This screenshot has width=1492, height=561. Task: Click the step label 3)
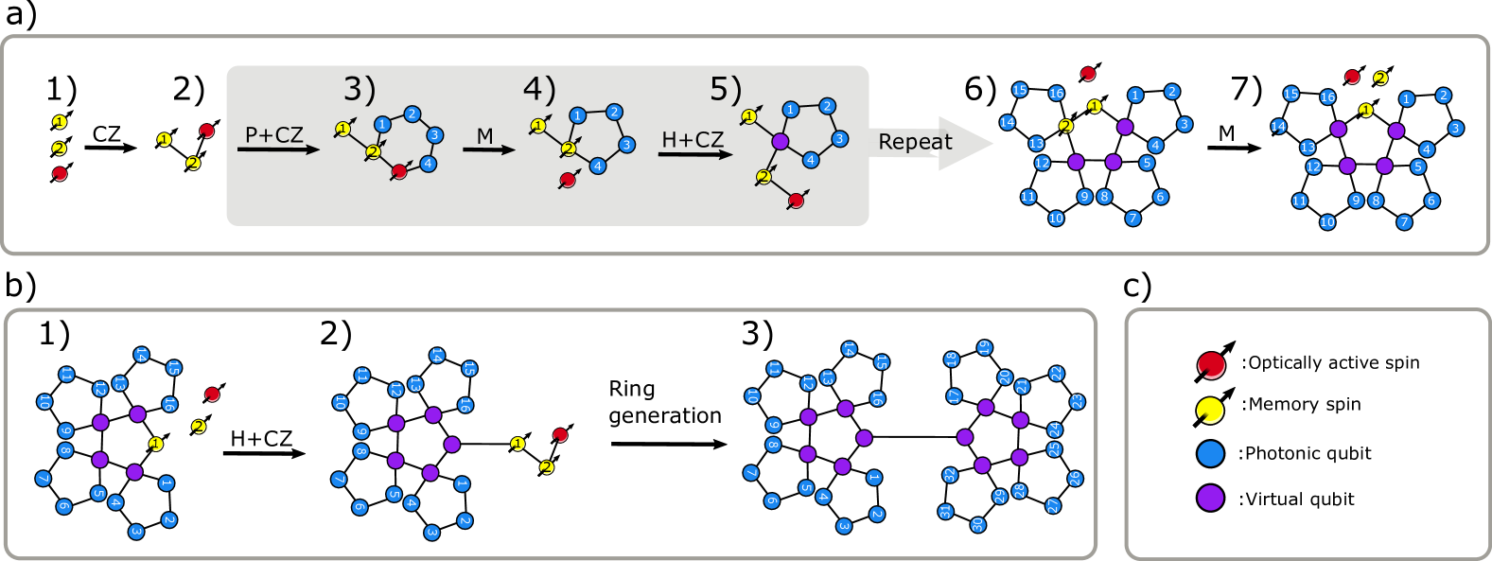click(x=360, y=89)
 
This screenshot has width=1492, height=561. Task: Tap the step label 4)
click(x=539, y=89)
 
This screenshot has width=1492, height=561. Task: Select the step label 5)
click(x=726, y=89)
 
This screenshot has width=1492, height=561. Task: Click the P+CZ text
click(x=274, y=135)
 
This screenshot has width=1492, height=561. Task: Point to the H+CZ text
click(x=693, y=140)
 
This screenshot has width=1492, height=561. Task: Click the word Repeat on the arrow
click(x=915, y=142)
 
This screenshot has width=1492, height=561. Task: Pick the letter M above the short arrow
click(x=485, y=136)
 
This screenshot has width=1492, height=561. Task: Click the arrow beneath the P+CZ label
click(x=278, y=149)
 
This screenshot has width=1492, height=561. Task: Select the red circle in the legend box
click(x=1211, y=365)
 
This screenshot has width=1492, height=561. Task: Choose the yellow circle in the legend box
click(x=1210, y=411)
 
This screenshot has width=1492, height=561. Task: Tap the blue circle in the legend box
click(x=1210, y=453)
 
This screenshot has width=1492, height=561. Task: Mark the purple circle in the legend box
click(x=1210, y=498)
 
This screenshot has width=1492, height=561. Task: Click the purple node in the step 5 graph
click(x=780, y=141)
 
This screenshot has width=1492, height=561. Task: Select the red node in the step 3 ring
click(x=399, y=171)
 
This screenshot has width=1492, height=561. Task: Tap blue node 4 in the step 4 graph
click(x=597, y=167)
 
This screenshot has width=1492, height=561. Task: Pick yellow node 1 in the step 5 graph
click(x=748, y=116)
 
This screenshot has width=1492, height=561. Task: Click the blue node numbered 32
click(x=950, y=475)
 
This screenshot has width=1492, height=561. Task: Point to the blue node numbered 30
click(x=977, y=524)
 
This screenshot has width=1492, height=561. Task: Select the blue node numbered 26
click(x=1074, y=479)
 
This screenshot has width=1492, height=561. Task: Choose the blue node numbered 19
click(x=984, y=348)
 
